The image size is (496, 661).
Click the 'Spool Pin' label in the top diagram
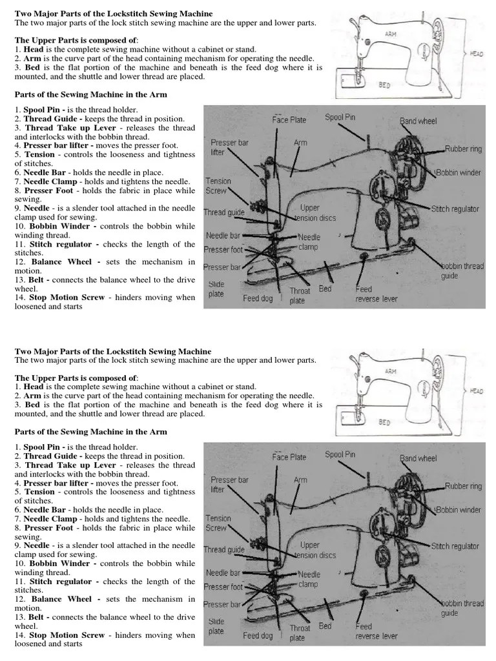pyautogui.click(x=340, y=117)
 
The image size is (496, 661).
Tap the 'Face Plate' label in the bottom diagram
pyautogui.click(x=289, y=457)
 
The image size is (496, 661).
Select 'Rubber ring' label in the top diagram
pyautogui.click(x=463, y=149)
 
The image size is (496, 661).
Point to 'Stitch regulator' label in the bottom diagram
pyautogui.click(x=455, y=546)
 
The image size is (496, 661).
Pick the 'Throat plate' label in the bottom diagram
pyautogui.click(x=299, y=633)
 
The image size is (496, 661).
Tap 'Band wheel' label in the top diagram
pyautogui.click(x=418, y=121)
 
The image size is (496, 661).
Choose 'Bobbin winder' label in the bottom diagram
pyautogui.click(x=459, y=510)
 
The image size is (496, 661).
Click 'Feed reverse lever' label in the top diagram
pyautogui.click(x=376, y=294)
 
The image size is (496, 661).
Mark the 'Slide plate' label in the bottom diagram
pyautogui.click(x=216, y=626)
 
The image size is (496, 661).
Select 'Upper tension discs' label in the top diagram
pyautogui.click(x=310, y=213)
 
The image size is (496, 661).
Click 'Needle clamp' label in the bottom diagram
pyautogui.click(x=309, y=579)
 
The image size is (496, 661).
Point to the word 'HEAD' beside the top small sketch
pyautogui.click(x=477, y=54)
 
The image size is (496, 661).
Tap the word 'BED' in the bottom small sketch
pyautogui.click(x=384, y=422)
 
